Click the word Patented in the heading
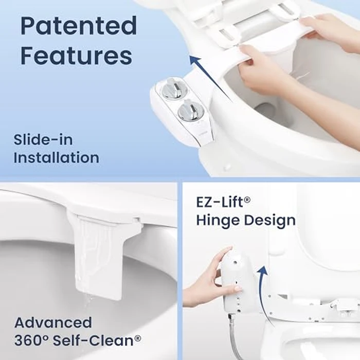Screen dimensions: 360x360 pos(79,26)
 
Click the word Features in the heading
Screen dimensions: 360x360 pos(76,56)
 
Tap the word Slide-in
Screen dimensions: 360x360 pos(43,140)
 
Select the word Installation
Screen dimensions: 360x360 pos(56,158)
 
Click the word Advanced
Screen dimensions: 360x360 pos(53,323)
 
